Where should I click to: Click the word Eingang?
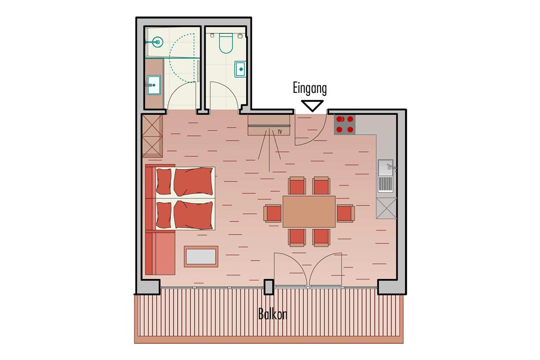coord(310,89)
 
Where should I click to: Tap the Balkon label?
coord(273,314)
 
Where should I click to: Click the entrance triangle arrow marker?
coord(312,105)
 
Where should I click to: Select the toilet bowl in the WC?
coord(226,44)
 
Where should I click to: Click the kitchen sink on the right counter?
coord(385,176)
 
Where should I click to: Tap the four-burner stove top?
coord(345,124)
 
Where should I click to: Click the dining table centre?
coord(309,211)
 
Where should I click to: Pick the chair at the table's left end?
coord(273,213)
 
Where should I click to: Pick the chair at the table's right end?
coord(345,213)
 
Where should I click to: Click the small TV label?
coord(279,131)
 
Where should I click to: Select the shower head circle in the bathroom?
coord(158,42)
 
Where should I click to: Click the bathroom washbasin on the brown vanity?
coord(153,85)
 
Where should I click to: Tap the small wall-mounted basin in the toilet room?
coord(240,69)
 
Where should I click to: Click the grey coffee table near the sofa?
coord(201,256)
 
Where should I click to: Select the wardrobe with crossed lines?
coord(152,136)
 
